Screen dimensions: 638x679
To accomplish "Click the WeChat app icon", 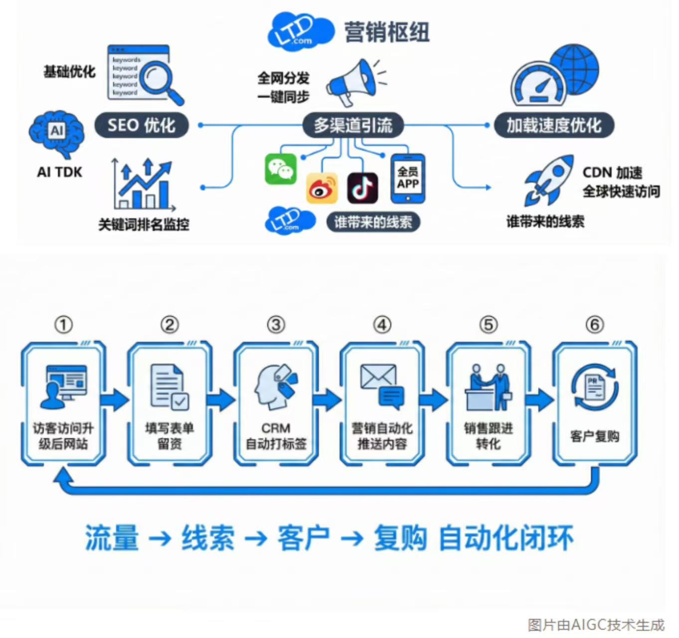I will click(x=281, y=169).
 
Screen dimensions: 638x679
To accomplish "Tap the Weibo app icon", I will click(x=322, y=188).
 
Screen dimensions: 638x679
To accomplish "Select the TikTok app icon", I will click(x=362, y=188).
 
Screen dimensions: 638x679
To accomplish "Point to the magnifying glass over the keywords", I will click(x=160, y=81).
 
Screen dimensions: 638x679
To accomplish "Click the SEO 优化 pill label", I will click(x=142, y=125).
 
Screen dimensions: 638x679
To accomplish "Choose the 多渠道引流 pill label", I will click(x=353, y=125).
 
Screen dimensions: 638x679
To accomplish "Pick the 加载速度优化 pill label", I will click(x=554, y=125).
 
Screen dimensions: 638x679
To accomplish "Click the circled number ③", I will click(x=276, y=325).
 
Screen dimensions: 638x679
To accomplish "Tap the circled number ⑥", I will click(x=594, y=325).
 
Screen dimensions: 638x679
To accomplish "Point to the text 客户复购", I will click(x=595, y=437).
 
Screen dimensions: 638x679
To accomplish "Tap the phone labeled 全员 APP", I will click(x=408, y=178).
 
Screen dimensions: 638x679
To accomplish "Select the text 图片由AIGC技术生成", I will click(x=596, y=625).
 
